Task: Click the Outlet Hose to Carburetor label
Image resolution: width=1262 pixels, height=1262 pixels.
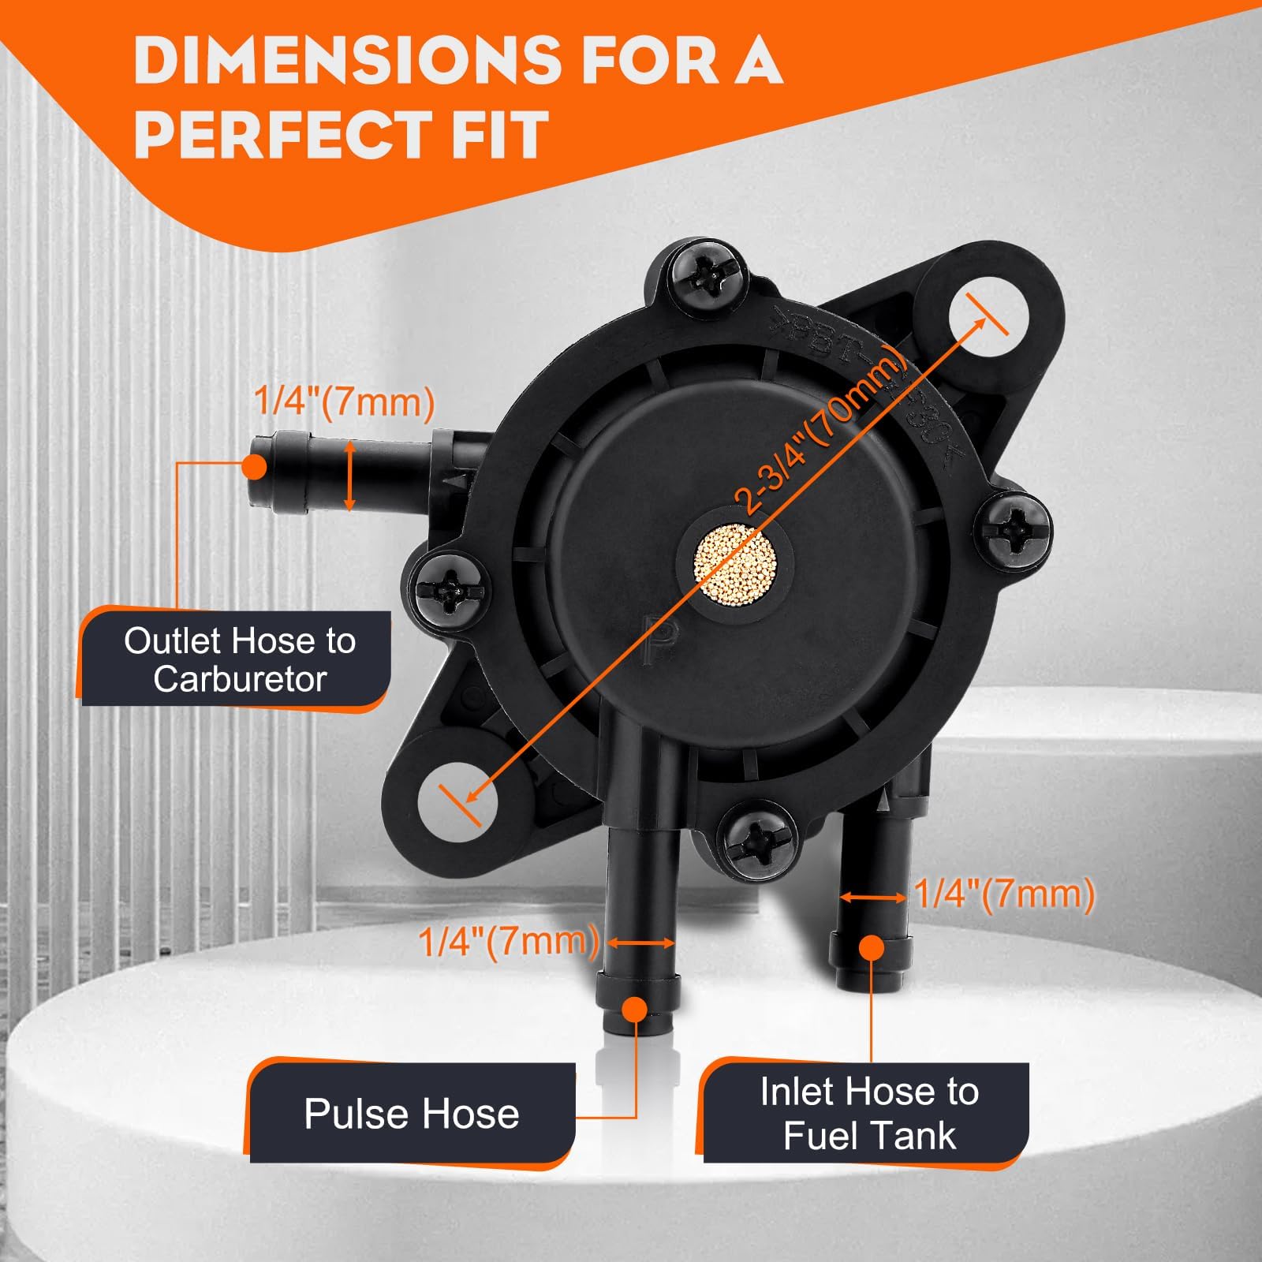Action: coord(240,659)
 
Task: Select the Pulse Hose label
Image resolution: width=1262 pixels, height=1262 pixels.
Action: coord(412,1114)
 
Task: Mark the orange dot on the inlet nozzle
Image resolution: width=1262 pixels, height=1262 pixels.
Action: coord(871,948)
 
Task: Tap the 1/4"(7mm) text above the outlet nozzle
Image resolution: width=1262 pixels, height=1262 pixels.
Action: coord(345,401)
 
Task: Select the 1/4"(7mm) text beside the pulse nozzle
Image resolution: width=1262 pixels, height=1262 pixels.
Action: coord(509,942)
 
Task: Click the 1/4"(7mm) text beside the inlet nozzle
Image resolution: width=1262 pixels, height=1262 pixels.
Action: coord(1004,894)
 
